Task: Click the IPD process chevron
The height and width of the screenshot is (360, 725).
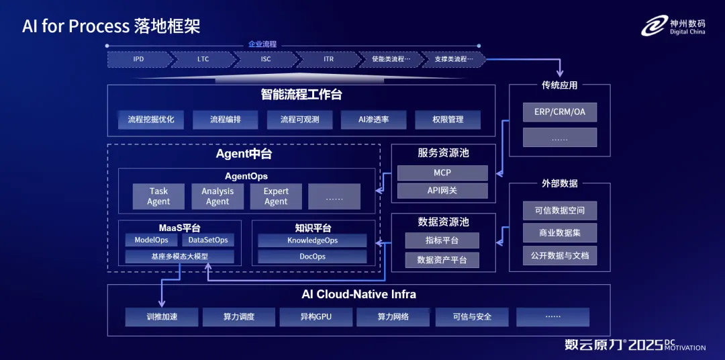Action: click(138, 59)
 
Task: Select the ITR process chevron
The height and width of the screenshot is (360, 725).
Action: click(328, 59)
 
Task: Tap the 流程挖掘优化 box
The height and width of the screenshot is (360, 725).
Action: click(151, 120)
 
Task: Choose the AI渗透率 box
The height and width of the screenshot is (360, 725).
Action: click(365, 120)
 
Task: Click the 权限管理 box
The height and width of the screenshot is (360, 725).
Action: click(448, 120)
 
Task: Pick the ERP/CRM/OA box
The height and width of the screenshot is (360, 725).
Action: click(560, 111)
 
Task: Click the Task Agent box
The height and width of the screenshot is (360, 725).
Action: click(159, 196)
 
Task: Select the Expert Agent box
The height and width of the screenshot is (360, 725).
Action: click(276, 196)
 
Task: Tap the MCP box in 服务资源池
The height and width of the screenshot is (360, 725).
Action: click(442, 173)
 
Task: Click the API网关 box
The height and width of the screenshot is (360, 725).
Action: click(442, 191)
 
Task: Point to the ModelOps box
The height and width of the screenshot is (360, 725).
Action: click(151, 240)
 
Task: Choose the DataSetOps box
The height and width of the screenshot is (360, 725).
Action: click(208, 240)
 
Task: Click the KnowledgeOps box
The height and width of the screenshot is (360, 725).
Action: click(312, 240)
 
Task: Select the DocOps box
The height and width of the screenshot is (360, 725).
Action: click(312, 257)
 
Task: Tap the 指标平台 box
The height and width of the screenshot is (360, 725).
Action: click(442, 240)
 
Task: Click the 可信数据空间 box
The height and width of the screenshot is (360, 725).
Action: click(560, 210)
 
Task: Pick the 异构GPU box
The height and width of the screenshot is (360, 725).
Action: click(316, 316)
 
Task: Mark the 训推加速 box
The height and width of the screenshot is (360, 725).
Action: click(162, 316)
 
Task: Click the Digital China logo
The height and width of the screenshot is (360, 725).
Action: click(673, 26)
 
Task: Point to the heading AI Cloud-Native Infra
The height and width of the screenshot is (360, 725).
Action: click(358, 294)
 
